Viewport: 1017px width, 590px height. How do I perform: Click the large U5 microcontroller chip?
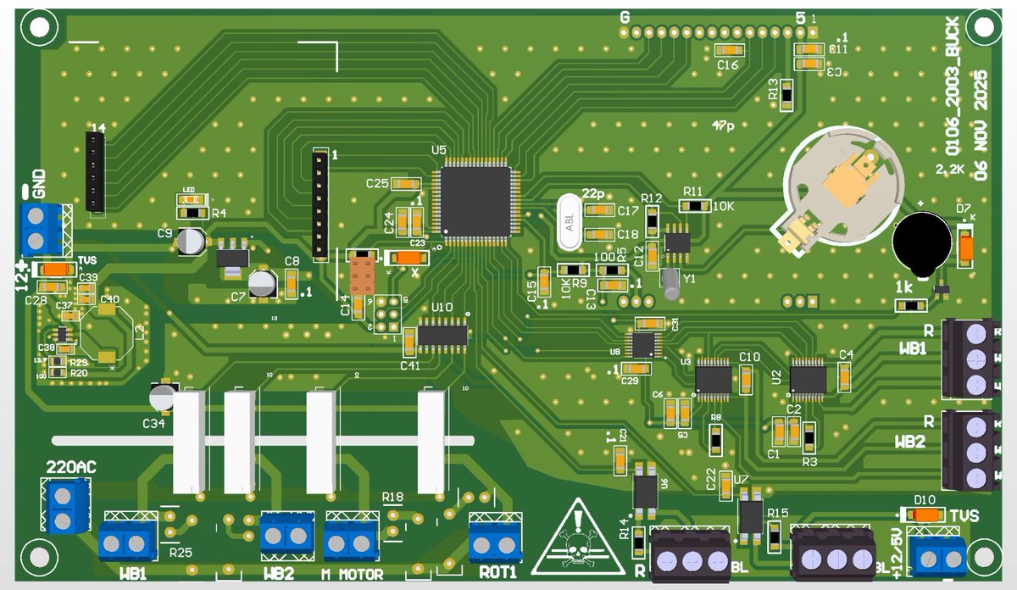point(475,201)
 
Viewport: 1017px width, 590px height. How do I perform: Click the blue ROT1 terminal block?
point(495,543)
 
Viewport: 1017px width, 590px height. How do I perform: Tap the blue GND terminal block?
point(41,229)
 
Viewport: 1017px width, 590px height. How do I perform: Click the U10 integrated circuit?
point(442,335)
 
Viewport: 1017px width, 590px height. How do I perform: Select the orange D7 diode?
point(964,248)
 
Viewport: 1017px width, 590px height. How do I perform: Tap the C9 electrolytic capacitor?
point(192,241)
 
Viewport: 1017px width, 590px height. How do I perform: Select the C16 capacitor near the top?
point(728,50)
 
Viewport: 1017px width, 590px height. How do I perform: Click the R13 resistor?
point(786,95)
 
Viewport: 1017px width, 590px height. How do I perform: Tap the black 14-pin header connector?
point(95,172)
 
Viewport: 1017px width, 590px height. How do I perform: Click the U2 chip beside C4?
point(808,376)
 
